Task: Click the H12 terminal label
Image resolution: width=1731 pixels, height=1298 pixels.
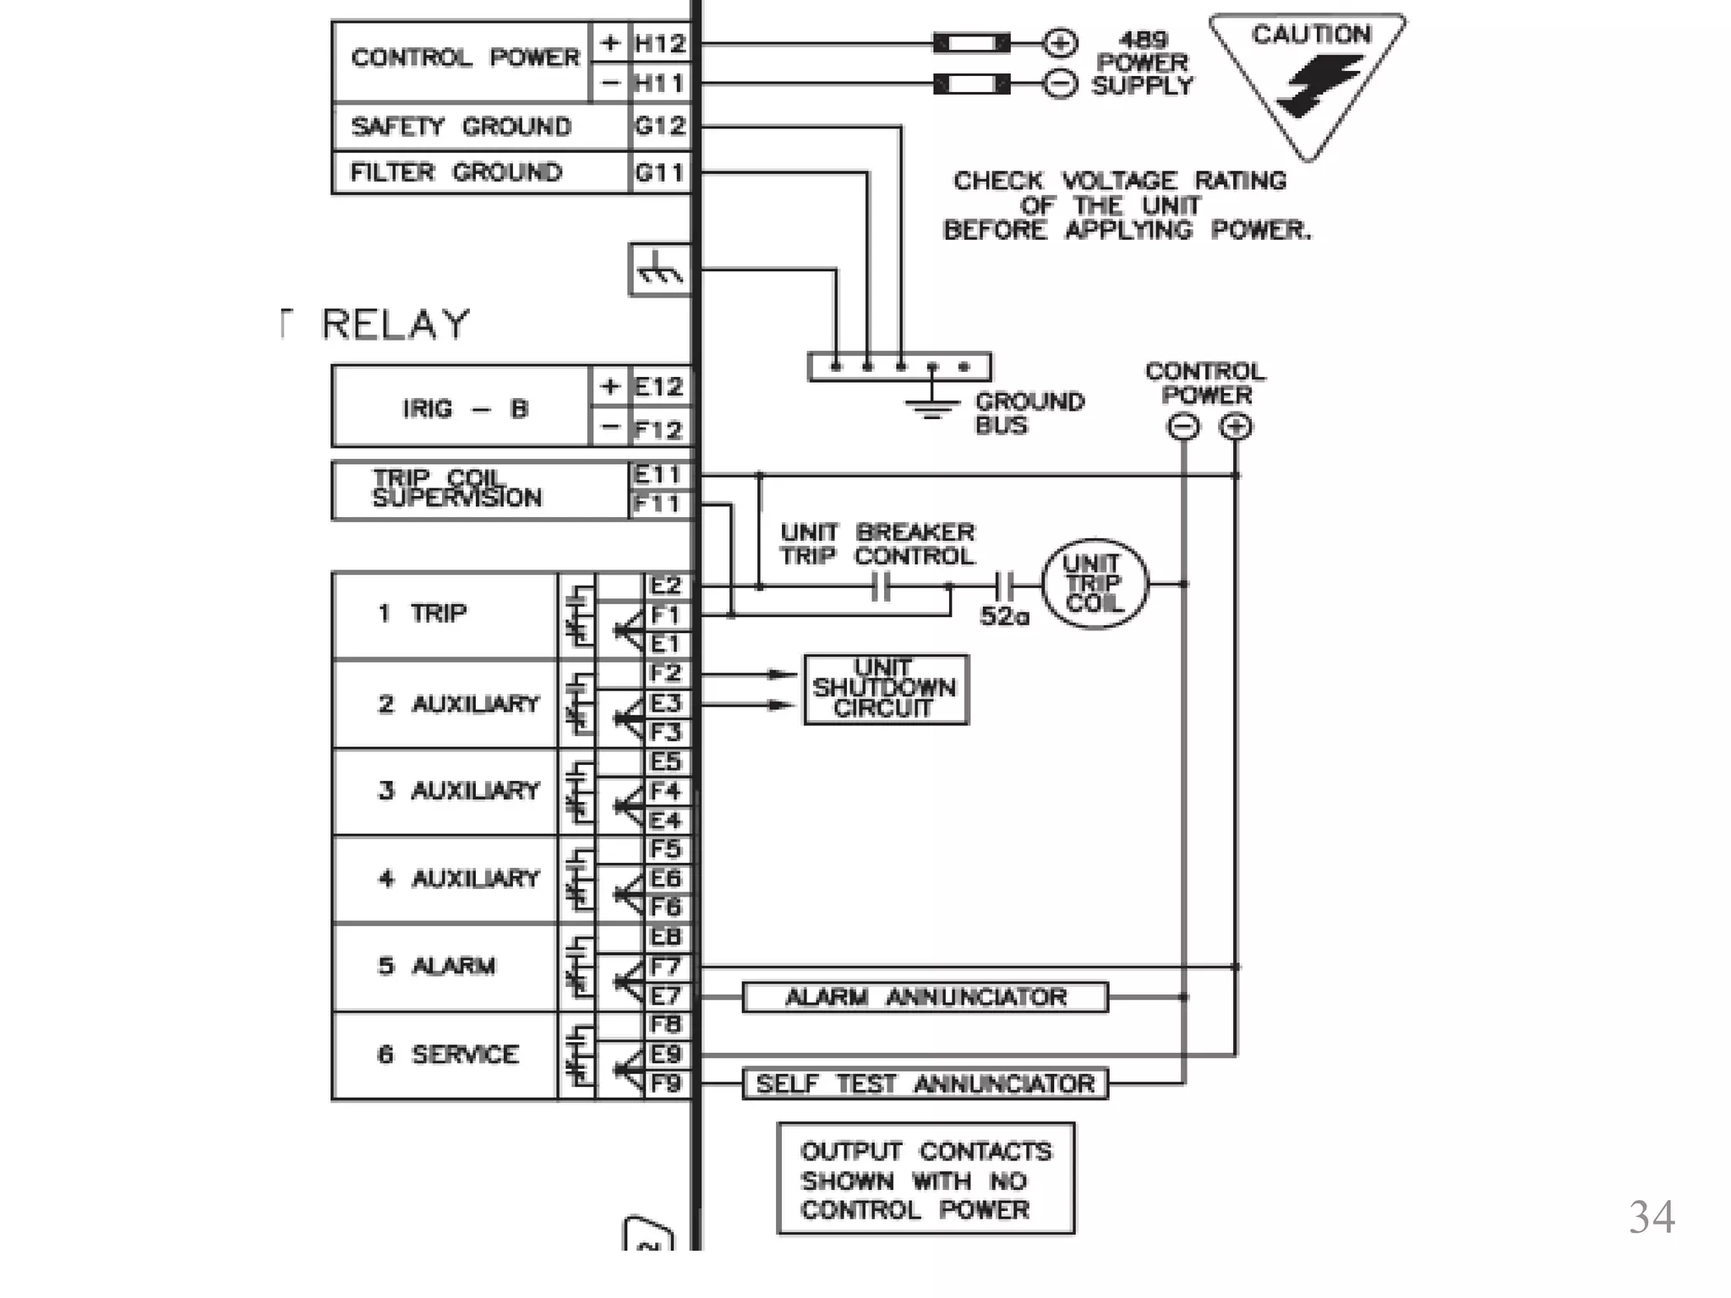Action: click(x=660, y=43)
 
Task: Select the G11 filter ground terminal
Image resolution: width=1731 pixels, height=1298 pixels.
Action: click(x=659, y=172)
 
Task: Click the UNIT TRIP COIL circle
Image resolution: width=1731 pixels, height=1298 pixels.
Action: click(x=1094, y=584)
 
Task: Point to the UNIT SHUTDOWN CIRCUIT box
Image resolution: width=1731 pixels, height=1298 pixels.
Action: click(x=885, y=689)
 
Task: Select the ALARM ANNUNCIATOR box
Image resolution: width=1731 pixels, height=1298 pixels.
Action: click(x=925, y=997)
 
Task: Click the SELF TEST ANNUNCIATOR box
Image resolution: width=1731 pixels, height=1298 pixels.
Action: click(x=925, y=1084)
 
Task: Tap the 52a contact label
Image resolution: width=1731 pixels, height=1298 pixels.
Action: click(x=1004, y=617)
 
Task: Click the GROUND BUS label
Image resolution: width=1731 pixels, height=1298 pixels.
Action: click(x=1029, y=412)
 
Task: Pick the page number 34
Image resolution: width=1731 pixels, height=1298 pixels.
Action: click(x=1651, y=1218)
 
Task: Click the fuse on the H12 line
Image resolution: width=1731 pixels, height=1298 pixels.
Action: click(x=971, y=42)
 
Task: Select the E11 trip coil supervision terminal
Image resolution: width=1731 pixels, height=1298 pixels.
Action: click(x=658, y=476)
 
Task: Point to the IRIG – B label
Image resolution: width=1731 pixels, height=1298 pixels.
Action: click(x=464, y=409)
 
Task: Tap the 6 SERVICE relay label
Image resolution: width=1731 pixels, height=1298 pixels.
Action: click(x=448, y=1055)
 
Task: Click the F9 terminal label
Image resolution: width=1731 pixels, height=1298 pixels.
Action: click(x=665, y=1083)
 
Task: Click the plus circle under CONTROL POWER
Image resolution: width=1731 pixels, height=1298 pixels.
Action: click(x=1236, y=427)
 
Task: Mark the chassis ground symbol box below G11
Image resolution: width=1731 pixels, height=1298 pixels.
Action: click(x=659, y=270)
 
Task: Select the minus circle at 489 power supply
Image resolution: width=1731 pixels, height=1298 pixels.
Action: click(x=1059, y=84)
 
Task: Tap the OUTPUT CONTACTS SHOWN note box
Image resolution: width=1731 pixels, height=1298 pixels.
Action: click(x=925, y=1180)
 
